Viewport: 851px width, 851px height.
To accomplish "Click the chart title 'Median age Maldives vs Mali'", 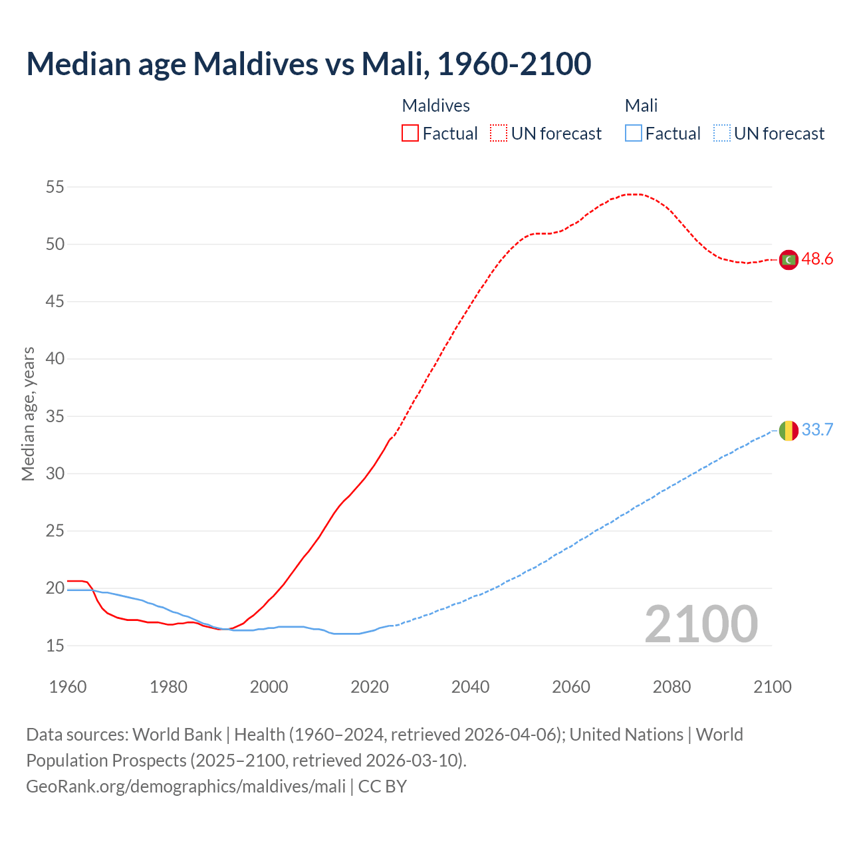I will tap(308, 64).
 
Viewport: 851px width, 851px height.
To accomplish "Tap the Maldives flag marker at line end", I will tap(789, 259).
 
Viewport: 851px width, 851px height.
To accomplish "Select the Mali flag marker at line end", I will tap(789, 431).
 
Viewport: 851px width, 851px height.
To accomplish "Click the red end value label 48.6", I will tap(817, 259).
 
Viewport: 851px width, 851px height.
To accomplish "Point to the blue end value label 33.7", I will tap(817, 430).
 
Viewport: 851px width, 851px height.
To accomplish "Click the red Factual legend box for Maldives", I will tap(410, 134).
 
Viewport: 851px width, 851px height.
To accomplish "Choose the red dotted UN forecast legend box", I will tap(499, 134).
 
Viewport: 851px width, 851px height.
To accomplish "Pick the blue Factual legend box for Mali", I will tap(634, 134).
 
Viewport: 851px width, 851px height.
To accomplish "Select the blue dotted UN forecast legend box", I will tap(722, 134).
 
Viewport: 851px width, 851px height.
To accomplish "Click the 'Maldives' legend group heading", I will tap(436, 106).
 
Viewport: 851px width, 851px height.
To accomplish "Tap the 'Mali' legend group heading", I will tap(641, 106).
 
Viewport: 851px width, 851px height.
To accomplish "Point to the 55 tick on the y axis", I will tap(55, 187).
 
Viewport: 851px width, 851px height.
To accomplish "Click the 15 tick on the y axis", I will tap(55, 646).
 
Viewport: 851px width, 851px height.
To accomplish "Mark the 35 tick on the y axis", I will tap(55, 416).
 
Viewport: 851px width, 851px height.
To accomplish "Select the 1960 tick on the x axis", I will tap(68, 687).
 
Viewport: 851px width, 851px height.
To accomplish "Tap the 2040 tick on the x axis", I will tap(470, 687).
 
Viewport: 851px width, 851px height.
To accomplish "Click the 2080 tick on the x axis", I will tap(671, 687).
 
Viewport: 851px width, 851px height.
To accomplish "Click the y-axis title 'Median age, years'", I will tap(28, 414).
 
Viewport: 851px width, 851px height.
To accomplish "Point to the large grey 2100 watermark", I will tap(701, 624).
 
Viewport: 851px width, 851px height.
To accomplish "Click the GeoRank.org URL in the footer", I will tap(185, 787).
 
